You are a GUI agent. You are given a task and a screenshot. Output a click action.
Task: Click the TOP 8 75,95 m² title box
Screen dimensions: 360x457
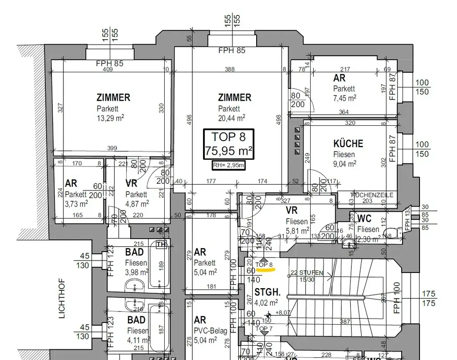click(229, 144)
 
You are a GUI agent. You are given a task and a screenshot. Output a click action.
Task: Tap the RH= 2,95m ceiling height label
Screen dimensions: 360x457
click(228, 166)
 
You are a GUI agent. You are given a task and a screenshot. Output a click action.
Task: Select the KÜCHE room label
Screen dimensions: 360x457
click(348, 144)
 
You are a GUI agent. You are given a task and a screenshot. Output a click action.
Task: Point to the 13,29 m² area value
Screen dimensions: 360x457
click(110, 118)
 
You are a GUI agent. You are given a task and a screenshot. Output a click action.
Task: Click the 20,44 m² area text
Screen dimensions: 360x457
click(232, 118)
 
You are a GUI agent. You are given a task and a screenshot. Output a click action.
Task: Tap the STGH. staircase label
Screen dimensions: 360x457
click(267, 293)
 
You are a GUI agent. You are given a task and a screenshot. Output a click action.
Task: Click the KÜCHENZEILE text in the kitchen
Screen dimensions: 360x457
click(372, 195)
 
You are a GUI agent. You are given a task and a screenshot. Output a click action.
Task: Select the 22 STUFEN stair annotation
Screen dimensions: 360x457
click(307, 273)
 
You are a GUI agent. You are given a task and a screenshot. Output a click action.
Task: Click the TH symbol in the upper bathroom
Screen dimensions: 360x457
click(161, 244)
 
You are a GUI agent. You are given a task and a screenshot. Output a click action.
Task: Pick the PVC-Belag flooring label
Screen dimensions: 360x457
click(211, 331)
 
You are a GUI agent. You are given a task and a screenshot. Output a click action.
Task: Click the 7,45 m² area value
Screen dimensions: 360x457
click(345, 98)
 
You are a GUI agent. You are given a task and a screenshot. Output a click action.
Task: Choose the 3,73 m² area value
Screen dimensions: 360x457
click(76, 203)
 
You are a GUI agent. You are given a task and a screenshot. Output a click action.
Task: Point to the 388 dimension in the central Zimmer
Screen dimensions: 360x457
click(229, 70)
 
